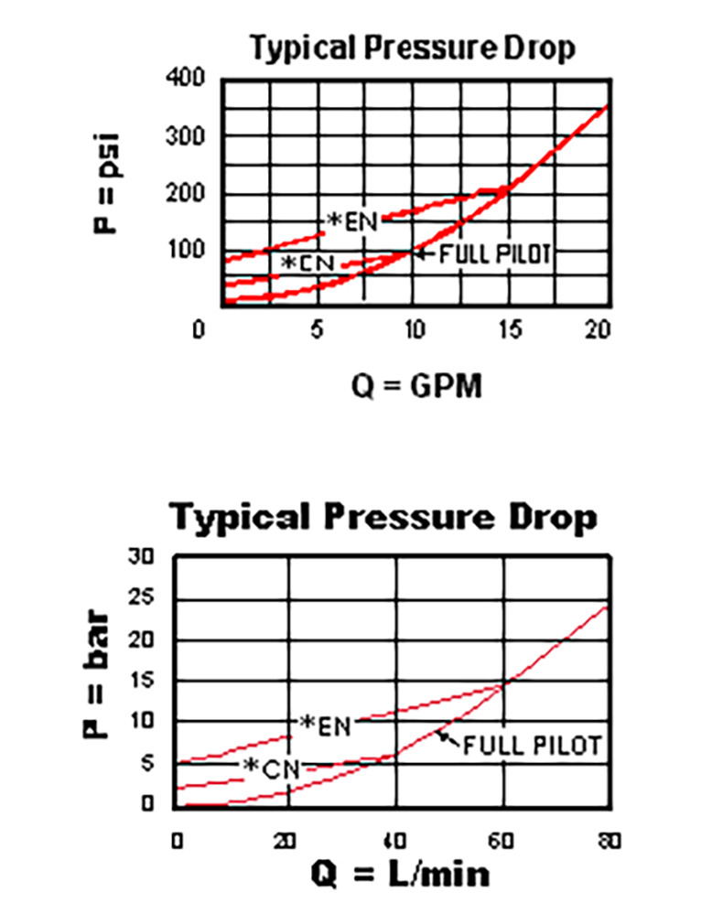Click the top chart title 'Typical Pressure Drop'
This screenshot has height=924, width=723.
(x=413, y=48)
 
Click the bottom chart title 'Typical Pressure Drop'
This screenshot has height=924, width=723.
(x=384, y=518)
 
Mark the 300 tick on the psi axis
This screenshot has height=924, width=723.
(x=183, y=136)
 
